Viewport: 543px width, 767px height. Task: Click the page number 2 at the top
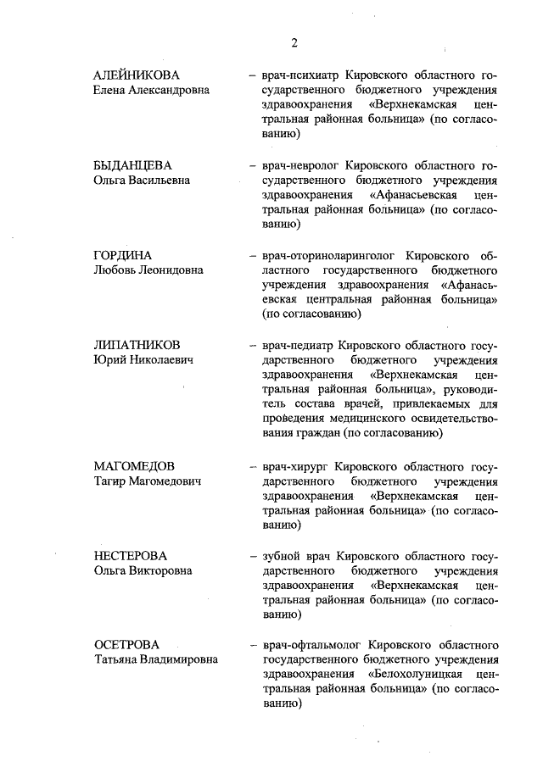[294, 42]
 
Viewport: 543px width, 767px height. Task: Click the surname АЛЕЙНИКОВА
[137, 75]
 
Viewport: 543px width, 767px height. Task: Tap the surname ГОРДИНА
[123, 255]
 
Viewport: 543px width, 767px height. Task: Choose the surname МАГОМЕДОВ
[134, 466]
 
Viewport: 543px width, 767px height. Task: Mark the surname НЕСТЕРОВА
[130, 556]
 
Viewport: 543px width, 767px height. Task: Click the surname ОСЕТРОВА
[126, 645]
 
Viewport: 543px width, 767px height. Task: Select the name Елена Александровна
[151, 90]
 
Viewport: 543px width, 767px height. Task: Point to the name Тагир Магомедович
[147, 481]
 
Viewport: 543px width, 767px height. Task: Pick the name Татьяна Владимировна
[155, 660]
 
